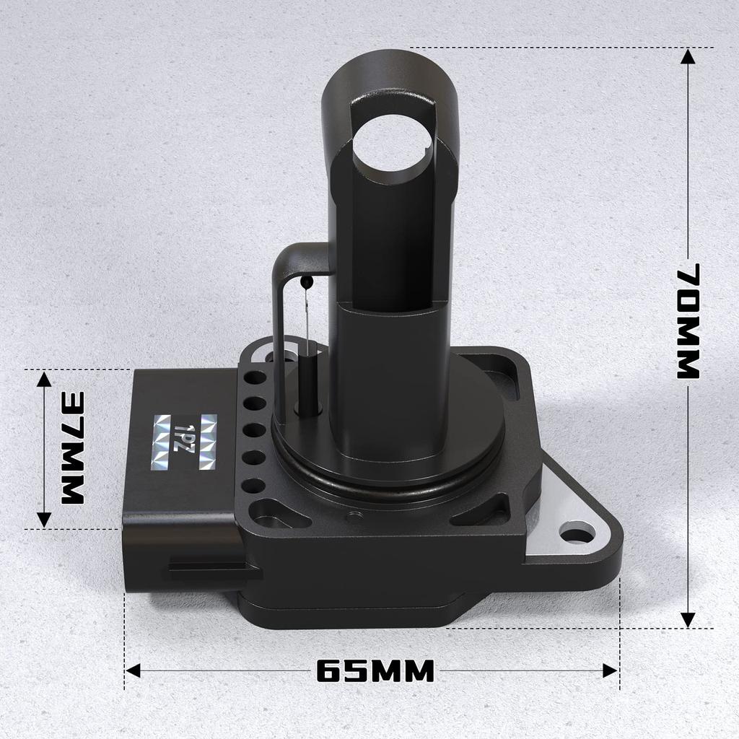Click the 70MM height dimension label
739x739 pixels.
click(689, 321)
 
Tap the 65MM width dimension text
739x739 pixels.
click(375, 671)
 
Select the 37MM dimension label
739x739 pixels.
click(72, 447)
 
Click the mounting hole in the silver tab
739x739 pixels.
click(577, 535)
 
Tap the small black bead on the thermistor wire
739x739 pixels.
click(308, 281)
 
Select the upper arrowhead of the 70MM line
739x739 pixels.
click(688, 56)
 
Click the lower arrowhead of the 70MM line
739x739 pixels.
click(688, 619)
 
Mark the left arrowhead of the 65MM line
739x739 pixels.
click(133, 671)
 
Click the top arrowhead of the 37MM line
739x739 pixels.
click(44, 379)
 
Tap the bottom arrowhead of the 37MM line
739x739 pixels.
click(44, 520)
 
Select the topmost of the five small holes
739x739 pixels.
click(255, 377)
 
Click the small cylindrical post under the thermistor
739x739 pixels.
click(308, 386)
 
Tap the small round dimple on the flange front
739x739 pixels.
click(354, 516)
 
